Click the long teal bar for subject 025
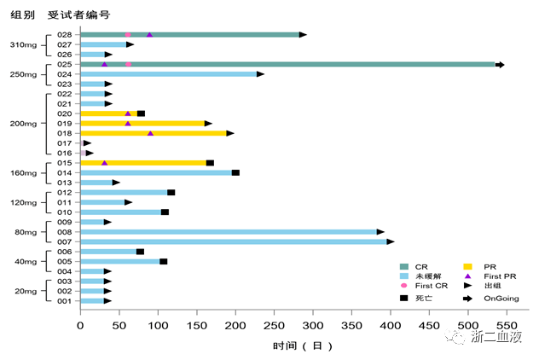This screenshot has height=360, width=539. pos(290,64)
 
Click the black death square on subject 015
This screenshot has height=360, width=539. pos(210,162)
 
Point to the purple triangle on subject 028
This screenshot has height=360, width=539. pos(150,35)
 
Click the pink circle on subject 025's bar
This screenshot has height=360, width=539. pos(128,64)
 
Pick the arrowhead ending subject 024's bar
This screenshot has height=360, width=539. pos(260,74)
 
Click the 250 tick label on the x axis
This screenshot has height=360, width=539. pos(274,325)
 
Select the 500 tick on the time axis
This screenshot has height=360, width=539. pos(468,325)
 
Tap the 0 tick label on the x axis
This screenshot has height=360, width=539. pos(80,325)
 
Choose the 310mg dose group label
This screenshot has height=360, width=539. pos(23,44)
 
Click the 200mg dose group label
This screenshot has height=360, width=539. pos(23,124)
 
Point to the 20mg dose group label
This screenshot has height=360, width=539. pos(25,291)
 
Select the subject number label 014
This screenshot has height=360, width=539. pos(64,172)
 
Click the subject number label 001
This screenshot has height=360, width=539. pos(64,301)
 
